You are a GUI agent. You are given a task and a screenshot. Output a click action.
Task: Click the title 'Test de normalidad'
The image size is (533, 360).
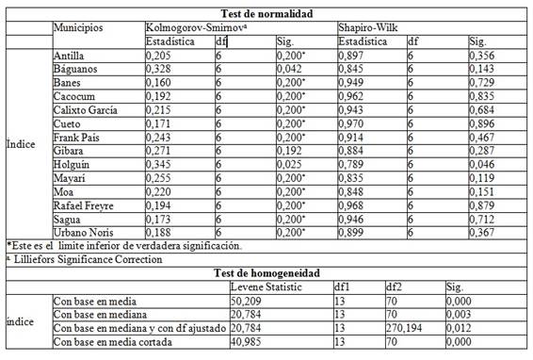tap(266, 13)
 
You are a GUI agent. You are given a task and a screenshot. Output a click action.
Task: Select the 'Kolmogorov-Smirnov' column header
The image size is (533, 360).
tap(190, 27)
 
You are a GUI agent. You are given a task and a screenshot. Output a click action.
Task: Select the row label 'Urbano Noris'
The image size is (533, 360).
tap(82, 232)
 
